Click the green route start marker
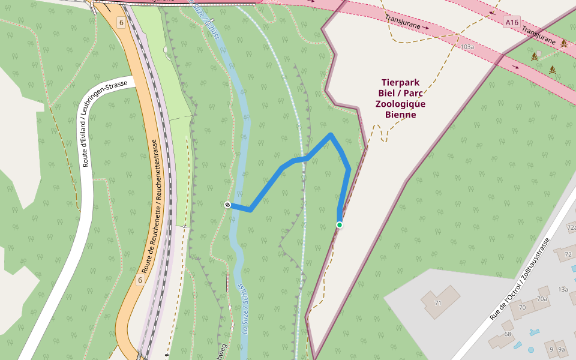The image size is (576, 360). click(340, 225)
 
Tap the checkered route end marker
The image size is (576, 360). click(227, 205)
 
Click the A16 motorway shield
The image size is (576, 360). click(511, 22)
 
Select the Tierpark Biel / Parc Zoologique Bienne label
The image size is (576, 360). click(400, 98)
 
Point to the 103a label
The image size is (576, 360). click(467, 46)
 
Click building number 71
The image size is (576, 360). click(438, 303)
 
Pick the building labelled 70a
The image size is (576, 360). click(542, 298)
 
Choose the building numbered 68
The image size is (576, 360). click(508, 334)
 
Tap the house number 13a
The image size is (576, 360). click(563, 289)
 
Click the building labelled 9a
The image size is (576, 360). click(561, 349)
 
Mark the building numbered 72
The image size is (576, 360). click(567, 255)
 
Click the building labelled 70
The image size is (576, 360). click(522, 308)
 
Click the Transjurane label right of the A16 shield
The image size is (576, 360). click(539, 35)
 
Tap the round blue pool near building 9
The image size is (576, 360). click(531, 349)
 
